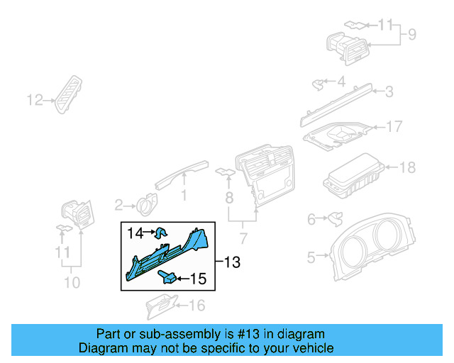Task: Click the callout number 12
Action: [x=35, y=100]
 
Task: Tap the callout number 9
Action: [x=411, y=34]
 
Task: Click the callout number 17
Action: [x=394, y=127]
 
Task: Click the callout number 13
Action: [x=232, y=263]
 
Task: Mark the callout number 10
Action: [x=72, y=283]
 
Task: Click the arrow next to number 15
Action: [x=182, y=279]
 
